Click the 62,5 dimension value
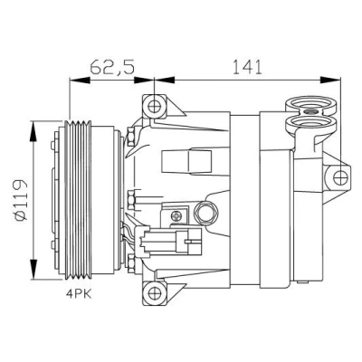point(112,67)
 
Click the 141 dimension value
point(246,67)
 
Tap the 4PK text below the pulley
point(79,294)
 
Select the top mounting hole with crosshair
point(154,107)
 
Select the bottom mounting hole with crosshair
point(154,293)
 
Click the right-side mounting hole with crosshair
point(340,177)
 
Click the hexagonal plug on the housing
point(206,214)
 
